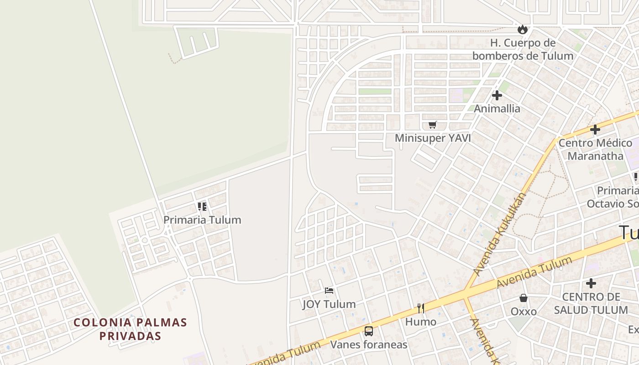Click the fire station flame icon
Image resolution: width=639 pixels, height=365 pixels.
click(x=522, y=29)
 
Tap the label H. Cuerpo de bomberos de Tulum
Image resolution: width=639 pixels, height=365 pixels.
click(x=523, y=49)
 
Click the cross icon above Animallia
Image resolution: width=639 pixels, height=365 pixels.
click(x=497, y=95)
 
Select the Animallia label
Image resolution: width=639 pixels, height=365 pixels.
click(x=497, y=109)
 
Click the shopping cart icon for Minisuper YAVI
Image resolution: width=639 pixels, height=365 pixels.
click(x=433, y=125)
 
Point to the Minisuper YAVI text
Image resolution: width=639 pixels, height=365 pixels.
click(x=433, y=138)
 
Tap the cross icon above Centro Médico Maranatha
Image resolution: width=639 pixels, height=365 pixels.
click(x=595, y=130)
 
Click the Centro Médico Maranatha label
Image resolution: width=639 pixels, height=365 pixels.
click(x=595, y=149)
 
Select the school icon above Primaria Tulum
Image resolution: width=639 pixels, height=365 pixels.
click(x=202, y=207)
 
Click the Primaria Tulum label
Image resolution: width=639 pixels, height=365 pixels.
click(x=202, y=220)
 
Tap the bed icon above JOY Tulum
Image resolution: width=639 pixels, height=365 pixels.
click(x=329, y=291)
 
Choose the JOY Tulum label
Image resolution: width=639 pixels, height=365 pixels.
click(x=329, y=304)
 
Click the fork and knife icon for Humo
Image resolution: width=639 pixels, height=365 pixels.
click(x=420, y=308)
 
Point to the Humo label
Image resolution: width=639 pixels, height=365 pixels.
click(x=421, y=322)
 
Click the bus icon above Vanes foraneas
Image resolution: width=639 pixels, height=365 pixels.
click(x=369, y=331)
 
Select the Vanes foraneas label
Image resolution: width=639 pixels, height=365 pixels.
click(x=369, y=344)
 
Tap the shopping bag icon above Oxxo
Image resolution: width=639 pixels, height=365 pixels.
click(x=524, y=298)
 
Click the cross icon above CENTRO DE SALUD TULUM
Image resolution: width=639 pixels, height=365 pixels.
click(x=591, y=283)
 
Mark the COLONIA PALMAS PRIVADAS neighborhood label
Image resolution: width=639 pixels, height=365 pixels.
click(x=131, y=329)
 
